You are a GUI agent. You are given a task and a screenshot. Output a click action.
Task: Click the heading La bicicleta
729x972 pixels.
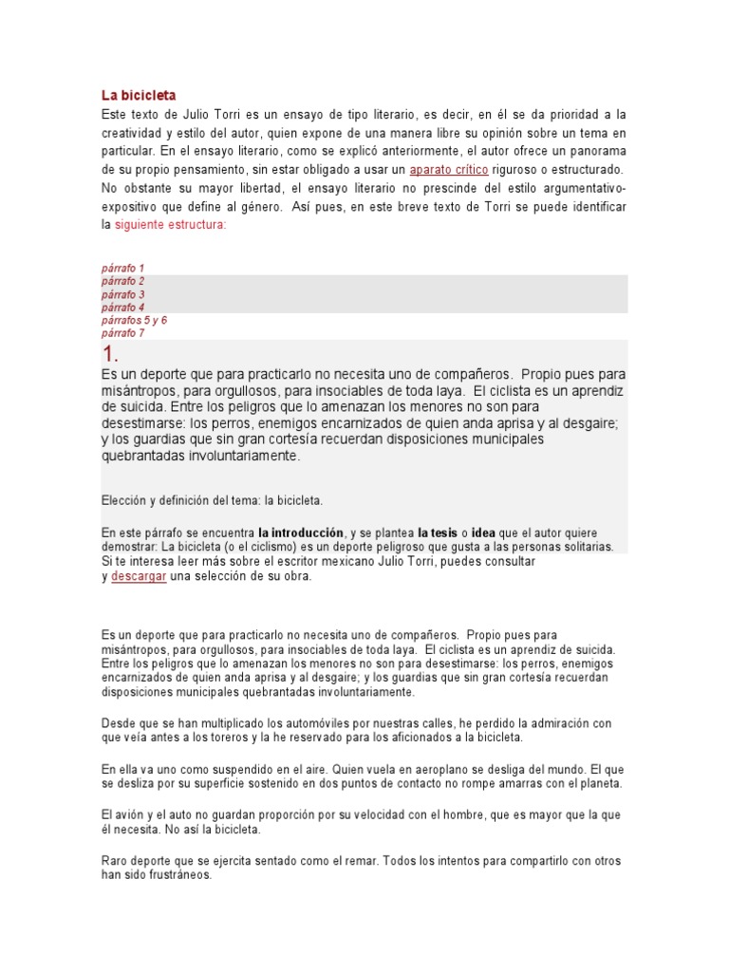coord(139,95)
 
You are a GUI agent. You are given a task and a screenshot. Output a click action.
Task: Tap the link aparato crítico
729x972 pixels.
coord(449,170)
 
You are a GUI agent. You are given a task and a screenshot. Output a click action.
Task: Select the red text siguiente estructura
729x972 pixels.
coord(171,225)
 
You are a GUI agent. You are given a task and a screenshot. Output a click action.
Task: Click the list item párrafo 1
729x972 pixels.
coord(123,269)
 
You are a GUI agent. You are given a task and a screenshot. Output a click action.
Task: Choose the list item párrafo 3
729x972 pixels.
coord(123,294)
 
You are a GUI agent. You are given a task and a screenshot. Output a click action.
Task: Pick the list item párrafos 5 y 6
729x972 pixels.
coord(134,321)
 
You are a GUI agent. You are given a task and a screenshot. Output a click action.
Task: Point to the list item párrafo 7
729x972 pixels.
coord(123,333)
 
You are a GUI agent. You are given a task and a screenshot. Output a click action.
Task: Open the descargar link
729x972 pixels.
coord(139,576)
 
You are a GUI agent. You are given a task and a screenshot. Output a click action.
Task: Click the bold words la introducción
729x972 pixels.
coord(300,533)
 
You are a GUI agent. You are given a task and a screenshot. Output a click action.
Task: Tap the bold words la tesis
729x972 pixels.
coord(438,533)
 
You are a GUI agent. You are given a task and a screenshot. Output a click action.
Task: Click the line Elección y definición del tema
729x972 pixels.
coord(212,500)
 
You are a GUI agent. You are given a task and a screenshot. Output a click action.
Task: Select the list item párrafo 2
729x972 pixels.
coord(123,281)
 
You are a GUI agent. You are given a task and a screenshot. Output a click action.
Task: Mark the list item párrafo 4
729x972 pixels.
coord(123,308)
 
